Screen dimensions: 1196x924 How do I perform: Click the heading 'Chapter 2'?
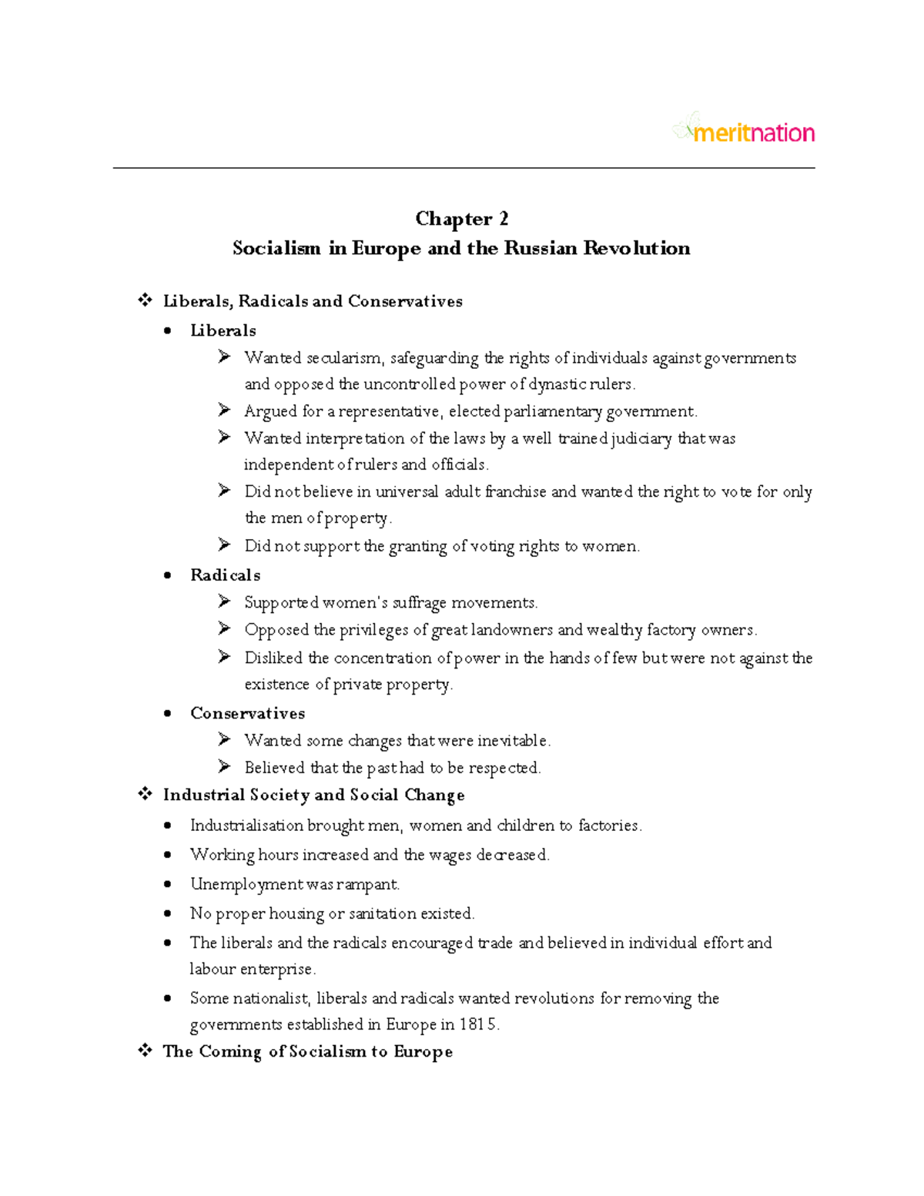click(x=461, y=219)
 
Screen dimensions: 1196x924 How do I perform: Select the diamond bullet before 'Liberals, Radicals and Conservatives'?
click(x=145, y=300)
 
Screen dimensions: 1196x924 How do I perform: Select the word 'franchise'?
click(x=515, y=491)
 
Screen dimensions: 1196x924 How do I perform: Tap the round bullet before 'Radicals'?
click(x=168, y=576)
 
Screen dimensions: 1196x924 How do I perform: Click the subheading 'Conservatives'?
click(x=247, y=713)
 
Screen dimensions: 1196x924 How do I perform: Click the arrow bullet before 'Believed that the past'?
click(x=224, y=767)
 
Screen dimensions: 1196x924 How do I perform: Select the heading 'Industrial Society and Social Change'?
click(x=313, y=795)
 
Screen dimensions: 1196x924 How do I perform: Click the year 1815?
click(x=478, y=1024)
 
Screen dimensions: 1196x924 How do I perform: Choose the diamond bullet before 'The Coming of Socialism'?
click(x=145, y=1051)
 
